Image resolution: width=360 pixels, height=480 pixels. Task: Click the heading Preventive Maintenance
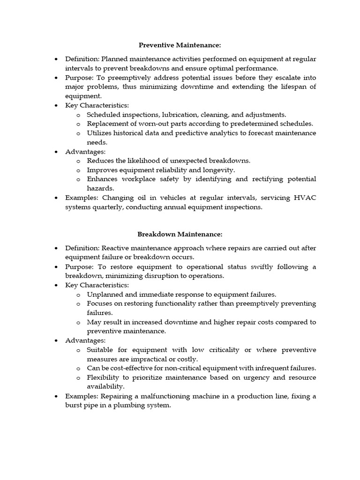click(x=180, y=45)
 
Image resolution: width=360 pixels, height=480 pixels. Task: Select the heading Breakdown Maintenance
click(x=180, y=234)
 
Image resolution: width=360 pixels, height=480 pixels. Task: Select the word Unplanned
click(x=105, y=294)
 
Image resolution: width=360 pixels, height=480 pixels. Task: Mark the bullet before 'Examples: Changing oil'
click(x=56, y=198)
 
